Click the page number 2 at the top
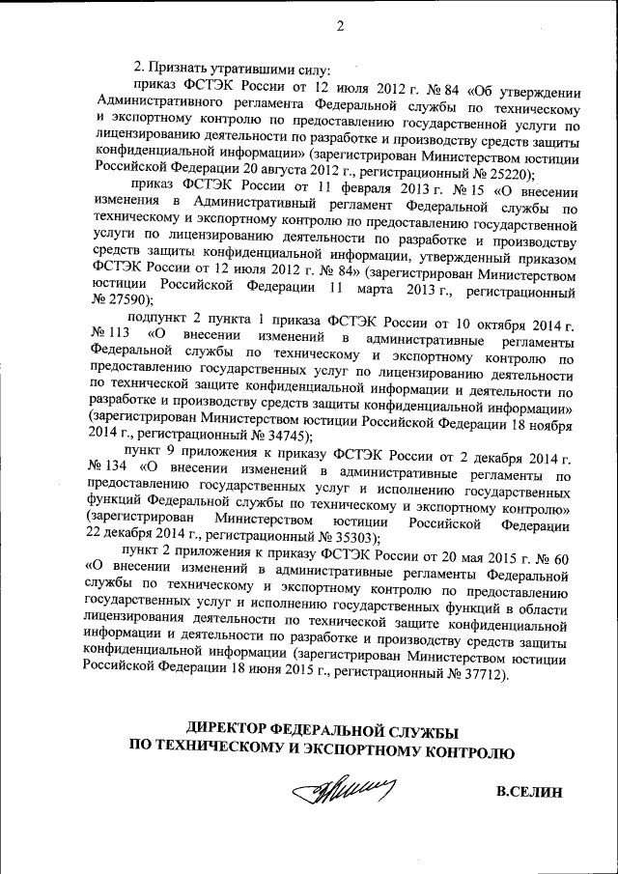click(340, 25)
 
